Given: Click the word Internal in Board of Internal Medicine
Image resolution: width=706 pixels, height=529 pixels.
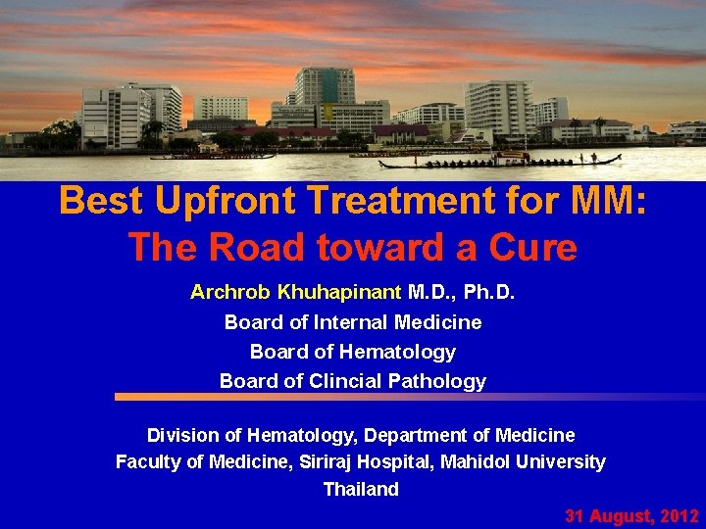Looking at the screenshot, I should (351, 321).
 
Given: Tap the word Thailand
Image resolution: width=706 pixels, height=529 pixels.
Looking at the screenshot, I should (361, 489).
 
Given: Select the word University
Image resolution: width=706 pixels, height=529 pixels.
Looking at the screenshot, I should (568, 461).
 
